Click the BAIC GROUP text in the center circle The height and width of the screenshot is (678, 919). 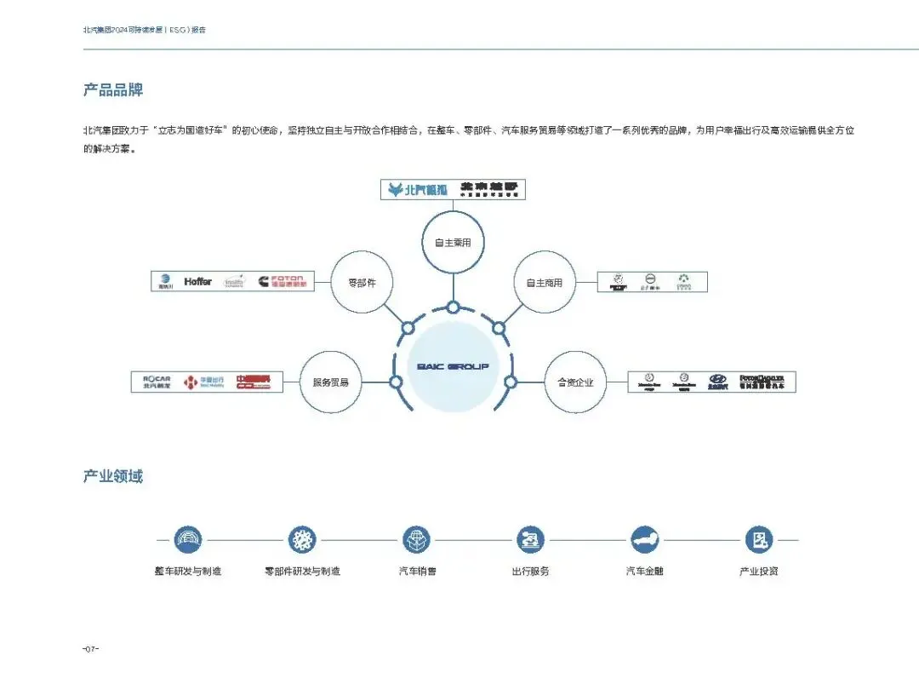(453, 366)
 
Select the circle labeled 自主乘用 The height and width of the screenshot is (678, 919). (453, 243)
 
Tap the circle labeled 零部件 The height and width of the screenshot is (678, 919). (362, 282)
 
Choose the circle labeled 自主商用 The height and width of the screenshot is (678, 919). (545, 282)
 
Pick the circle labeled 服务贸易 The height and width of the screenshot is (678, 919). (331, 382)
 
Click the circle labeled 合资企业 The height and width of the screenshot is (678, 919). (575, 382)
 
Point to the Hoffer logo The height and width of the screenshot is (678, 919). (197, 281)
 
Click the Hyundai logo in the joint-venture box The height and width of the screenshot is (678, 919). (717, 381)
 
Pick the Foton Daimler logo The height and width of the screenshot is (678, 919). (762, 381)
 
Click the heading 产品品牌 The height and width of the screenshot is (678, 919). (112, 89)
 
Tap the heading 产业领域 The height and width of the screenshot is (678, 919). (112, 476)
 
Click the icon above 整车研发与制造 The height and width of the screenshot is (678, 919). (188, 539)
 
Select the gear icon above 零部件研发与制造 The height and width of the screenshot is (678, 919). (302, 539)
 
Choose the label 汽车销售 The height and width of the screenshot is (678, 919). (418, 571)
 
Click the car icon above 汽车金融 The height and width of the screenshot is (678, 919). (644, 539)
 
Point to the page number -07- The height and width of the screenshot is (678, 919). (91, 649)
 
